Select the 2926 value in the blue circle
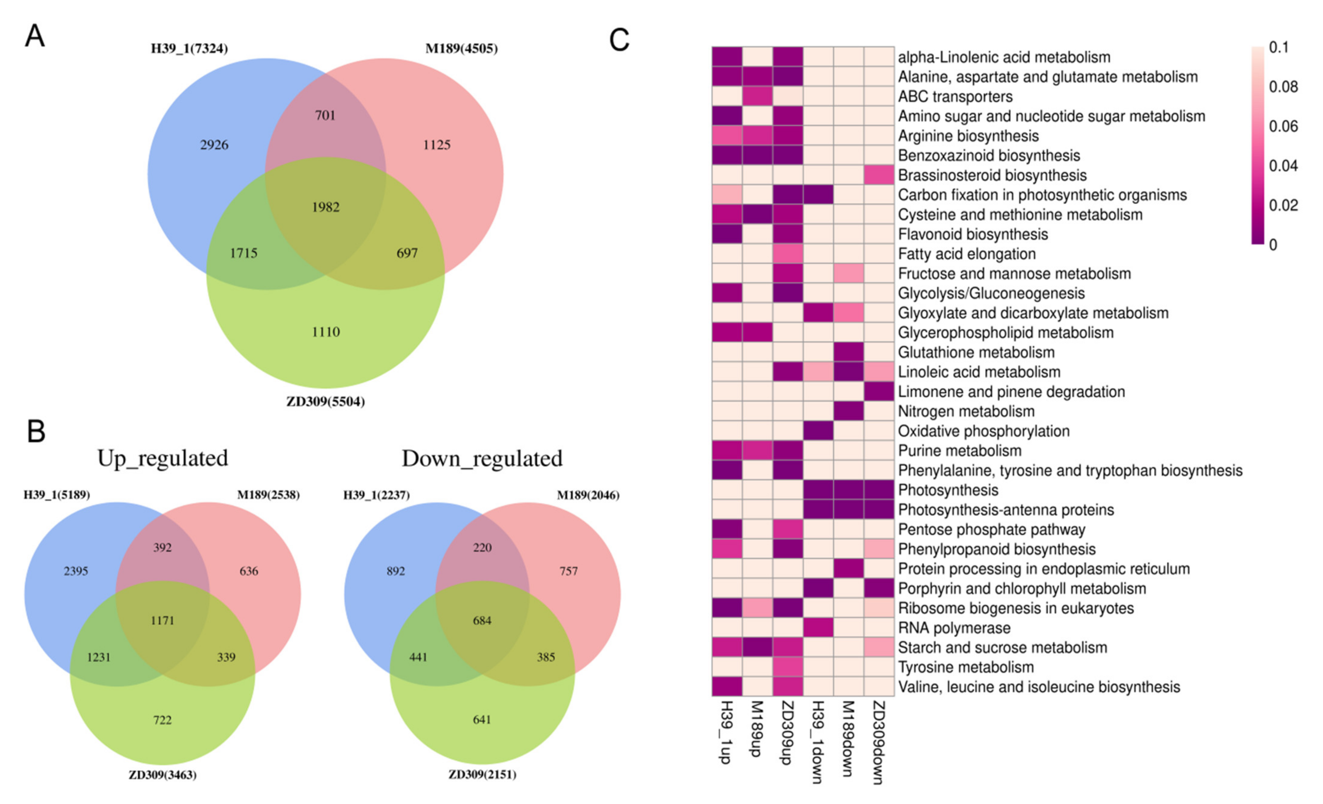(x=214, y=145)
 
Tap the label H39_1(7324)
(x=189, y=49)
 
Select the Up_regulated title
(x=163, y=458)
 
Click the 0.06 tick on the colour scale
(x=1283, y=126)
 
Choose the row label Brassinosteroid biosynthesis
(x=992, y=175)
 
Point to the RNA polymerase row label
(x=954, y=628)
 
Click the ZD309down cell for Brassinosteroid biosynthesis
(x=879, y=175)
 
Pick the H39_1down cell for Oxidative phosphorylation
(x=818, y=431)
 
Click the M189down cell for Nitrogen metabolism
(x=848, y=411)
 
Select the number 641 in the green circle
(x=482, y=720)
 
